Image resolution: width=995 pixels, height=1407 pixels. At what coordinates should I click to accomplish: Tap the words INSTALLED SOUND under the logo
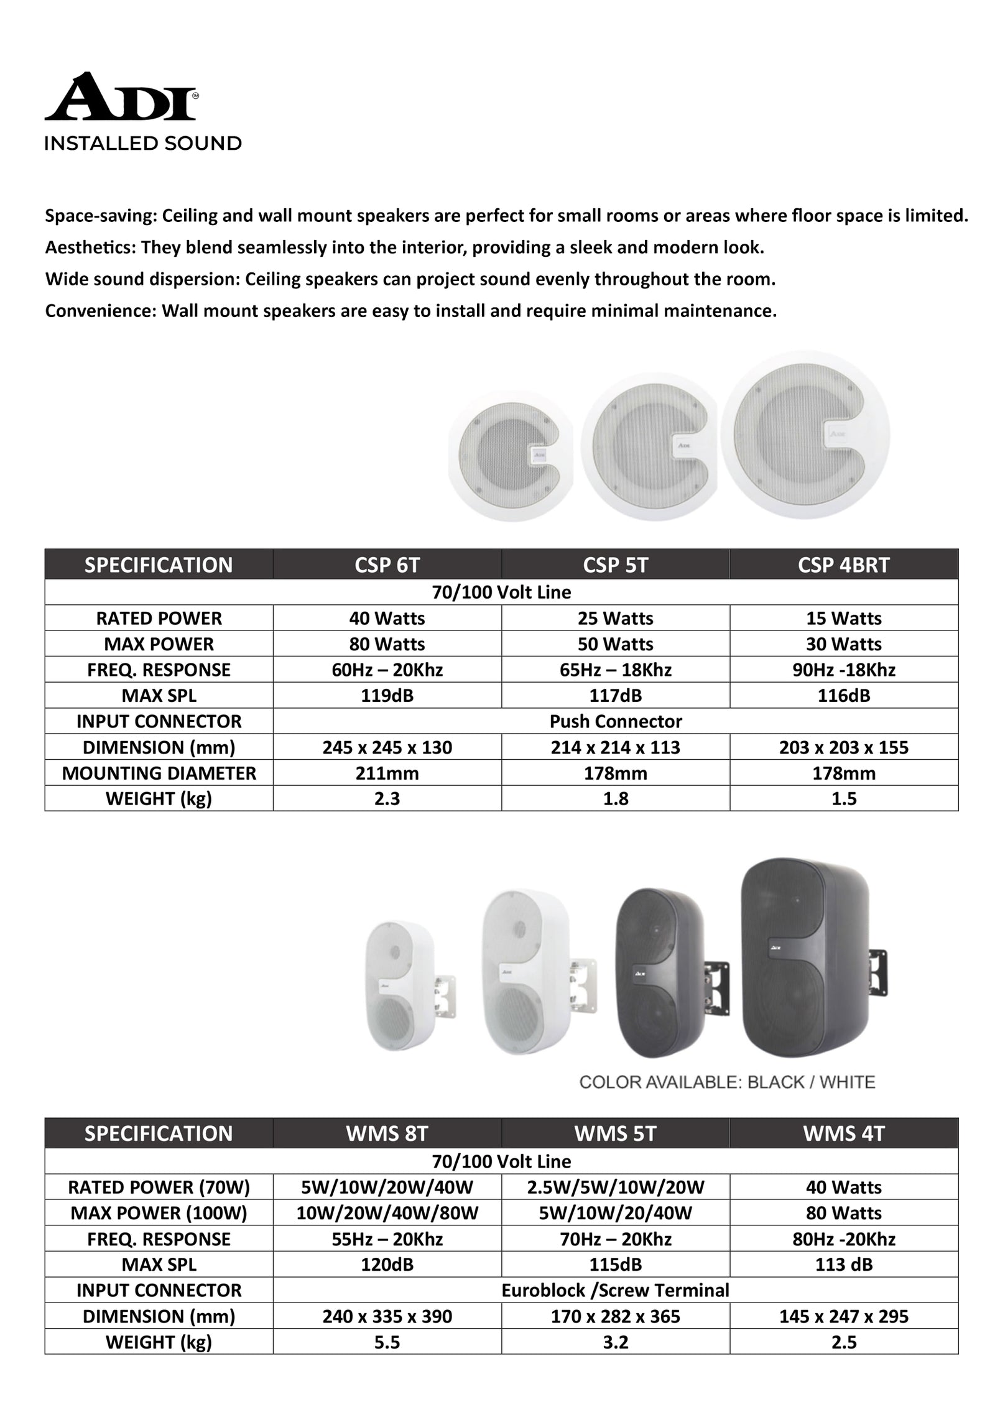142,144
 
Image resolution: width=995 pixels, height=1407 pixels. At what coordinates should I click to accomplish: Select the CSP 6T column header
387,565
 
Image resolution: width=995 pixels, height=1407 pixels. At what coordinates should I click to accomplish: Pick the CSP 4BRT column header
843,565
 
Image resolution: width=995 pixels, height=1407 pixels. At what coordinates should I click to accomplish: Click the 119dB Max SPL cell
387,695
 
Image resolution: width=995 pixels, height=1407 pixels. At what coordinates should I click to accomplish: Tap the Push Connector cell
615,721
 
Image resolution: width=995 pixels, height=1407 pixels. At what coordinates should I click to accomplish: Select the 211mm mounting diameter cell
387,773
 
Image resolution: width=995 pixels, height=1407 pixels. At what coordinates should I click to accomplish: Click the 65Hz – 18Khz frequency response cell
615,670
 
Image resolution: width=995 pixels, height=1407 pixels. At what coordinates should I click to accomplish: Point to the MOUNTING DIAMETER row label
159,773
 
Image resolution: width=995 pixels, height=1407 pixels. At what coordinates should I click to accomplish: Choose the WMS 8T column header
387,1133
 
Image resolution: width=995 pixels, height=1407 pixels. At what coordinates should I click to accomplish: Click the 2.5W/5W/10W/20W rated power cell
615,1188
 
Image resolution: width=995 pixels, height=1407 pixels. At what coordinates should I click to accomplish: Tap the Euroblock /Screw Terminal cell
615,1290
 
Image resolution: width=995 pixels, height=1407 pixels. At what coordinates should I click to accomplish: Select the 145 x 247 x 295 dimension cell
843,1316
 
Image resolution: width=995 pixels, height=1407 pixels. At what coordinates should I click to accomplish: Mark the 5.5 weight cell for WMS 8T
387,1342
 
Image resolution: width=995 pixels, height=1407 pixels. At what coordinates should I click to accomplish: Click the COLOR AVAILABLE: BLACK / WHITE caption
726,1082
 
